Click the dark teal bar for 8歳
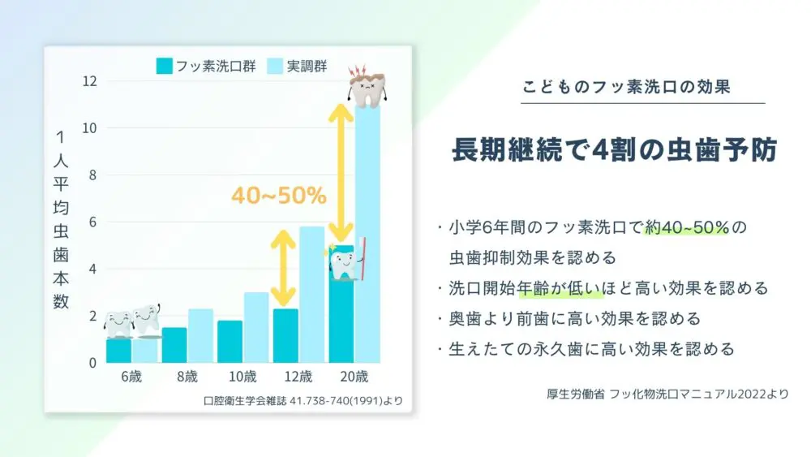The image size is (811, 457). click(174, 345)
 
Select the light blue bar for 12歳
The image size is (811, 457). click(312, 295)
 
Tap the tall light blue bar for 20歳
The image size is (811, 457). click(367, 234)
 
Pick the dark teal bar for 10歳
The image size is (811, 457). click(230, 342)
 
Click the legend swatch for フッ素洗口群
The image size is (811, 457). click(164, 67)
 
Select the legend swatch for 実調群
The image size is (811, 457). click(275, 67)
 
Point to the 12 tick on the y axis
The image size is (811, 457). click(89, 81)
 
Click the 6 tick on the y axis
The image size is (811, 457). click(92, 222)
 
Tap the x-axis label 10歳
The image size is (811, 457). click(242, 377)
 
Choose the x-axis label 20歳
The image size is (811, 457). click(354, 377)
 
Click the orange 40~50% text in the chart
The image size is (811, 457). click(279, 196)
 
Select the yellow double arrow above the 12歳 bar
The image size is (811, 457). click(283, 268)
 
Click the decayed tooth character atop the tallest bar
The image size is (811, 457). click(367, 86)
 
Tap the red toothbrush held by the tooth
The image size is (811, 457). click(362, 258)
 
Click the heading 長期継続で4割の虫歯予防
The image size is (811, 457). click(615, 149)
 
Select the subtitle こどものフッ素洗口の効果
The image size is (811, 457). click(626, 86)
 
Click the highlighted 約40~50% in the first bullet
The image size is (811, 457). click(686, 227)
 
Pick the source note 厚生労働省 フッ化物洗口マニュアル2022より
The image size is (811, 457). click(667, 394)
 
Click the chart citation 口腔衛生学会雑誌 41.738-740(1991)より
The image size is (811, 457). click(303, 401)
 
